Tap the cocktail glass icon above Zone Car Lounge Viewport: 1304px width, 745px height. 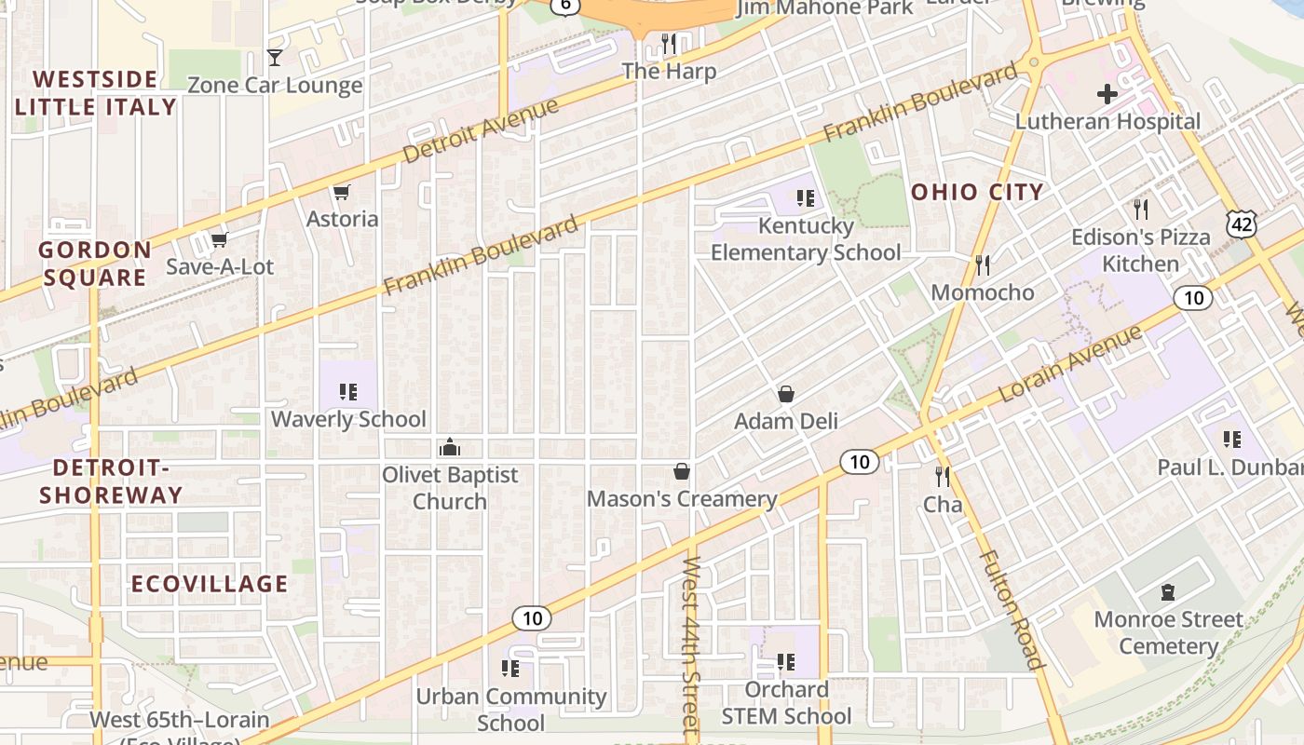pos(274,58)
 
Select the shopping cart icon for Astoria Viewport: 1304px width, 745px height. pos(342,193)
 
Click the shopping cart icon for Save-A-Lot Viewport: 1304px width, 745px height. pos(220,240)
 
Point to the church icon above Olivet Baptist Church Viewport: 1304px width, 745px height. pos(450,448)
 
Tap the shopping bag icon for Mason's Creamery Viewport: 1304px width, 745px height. pos(682,472)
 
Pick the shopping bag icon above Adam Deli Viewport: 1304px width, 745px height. pos(786,394)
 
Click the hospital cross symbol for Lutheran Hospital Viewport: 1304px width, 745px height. pos(1107,94)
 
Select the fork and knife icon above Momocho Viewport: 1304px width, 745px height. pos(983,265)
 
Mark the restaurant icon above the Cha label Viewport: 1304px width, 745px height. pos(943,478)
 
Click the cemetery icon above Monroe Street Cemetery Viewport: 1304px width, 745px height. pos(1168,592)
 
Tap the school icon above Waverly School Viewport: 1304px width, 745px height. pos(348,392)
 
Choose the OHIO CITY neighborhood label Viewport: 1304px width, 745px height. pos(977,193)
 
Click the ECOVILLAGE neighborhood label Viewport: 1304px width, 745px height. pos(210,584)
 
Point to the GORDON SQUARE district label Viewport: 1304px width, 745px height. pos(94,264)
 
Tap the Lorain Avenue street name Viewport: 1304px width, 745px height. pos(1070,364)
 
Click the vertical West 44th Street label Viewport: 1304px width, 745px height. pos(691,648)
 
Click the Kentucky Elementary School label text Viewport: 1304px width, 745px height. pos(806,239)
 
